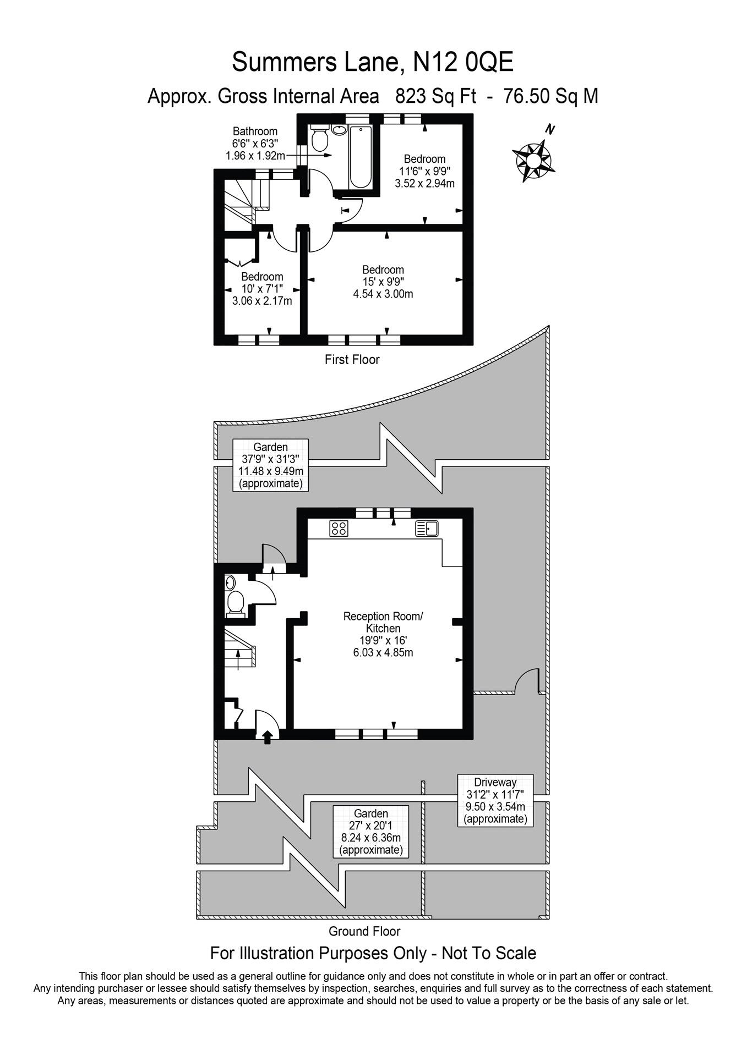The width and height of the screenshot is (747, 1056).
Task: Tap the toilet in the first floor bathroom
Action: click(319, 138)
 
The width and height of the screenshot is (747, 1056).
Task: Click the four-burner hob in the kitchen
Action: click(339, 529)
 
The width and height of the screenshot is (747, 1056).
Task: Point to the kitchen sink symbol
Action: click(427, 529)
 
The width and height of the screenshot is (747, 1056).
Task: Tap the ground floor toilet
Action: click(235, 603)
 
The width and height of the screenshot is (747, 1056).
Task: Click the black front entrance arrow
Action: click(268, 737)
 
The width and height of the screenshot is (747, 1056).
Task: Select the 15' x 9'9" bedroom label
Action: click(383, 282)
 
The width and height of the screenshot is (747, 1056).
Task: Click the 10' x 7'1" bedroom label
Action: click(262, 289)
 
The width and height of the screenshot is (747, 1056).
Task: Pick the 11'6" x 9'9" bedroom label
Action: click(424, 171)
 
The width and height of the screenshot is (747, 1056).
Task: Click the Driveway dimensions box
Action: click(495, 800)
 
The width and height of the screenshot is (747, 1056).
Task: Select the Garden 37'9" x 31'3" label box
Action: click(270, 465)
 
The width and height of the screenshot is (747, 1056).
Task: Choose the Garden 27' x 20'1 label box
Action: click(370, 831)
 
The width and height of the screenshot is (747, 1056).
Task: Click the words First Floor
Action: click(352, 360)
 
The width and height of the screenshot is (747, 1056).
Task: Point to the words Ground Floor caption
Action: click(364, 931)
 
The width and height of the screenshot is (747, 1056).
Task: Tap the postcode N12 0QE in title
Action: click(463, 62)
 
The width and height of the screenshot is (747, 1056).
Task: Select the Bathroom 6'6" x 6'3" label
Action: click(255, 144)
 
